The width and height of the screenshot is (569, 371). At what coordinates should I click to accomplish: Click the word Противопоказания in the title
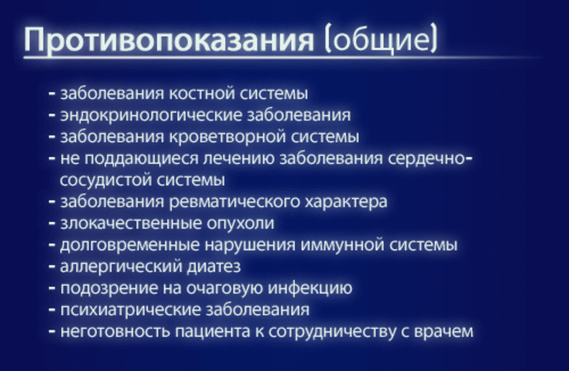[x=169, y=40]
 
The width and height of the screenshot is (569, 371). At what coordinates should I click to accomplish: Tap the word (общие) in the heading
[x=381, y=39]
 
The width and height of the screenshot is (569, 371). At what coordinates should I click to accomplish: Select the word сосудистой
[x=105, y=181]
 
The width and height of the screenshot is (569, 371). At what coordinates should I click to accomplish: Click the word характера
[x=346, y=202]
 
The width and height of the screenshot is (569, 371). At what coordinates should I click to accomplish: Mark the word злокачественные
[x=131, y=223]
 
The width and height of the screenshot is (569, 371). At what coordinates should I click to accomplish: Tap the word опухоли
[x=240, y=224]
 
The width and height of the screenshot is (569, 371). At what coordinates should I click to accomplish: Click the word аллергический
[x=121, y=267]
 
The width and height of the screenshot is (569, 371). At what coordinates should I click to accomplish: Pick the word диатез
[x=214, y=267]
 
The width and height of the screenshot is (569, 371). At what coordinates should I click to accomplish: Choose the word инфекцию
[x=310, y=289]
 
